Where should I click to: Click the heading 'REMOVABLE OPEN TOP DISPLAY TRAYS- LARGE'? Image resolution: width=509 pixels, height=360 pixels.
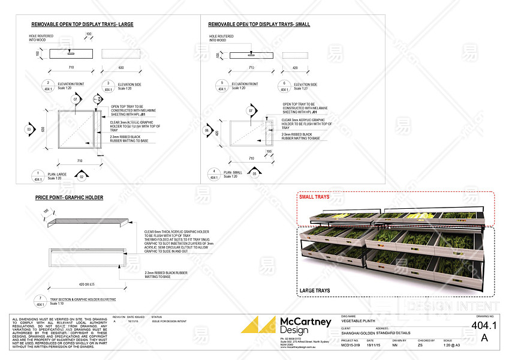pyautogui.click(x=82, y=25)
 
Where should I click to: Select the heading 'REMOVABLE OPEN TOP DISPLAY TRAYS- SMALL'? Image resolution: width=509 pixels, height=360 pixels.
pyautogui.click(x=259, y=25)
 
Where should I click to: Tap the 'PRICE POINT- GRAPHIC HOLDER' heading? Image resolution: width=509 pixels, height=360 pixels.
pyautogui.click(x=69, y=197)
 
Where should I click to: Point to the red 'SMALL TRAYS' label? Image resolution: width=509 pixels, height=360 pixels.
pyautogui.click(x=315, y=196)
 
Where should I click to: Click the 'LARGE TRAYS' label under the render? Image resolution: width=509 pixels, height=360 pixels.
pyautogui.click(x=315, y=291)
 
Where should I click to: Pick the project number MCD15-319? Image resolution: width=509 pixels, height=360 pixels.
pyautogui.click(x=351, y=346)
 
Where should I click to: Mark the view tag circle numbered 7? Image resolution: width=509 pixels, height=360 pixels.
pyautogui.click(x=40, y=300)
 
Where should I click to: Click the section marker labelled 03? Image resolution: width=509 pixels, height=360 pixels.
pyautogui.click(x=28, y=129)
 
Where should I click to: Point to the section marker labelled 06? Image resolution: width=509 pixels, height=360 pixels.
pyautogui.click(x=207, y=130)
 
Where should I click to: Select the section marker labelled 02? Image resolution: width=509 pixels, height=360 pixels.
pyautogui.click(x=82, y=176)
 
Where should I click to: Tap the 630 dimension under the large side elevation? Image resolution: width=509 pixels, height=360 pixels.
pyautogui.click(x=121, y=68)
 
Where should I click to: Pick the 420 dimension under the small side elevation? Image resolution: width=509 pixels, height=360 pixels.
pyautogui.click(x=294, y=68)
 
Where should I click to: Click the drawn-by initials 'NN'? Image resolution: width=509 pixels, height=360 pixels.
pyautogui.click(x=394, y=346)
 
